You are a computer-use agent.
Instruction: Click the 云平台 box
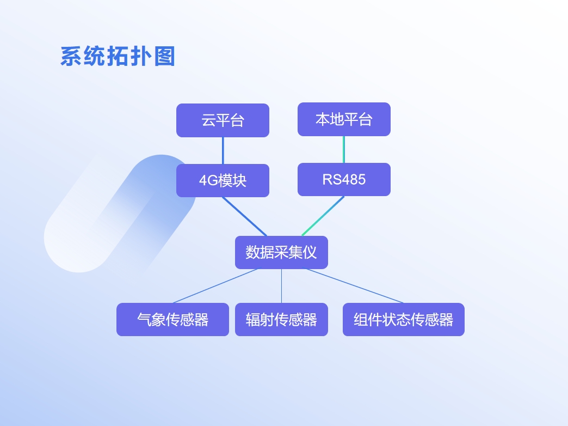click(223, 120)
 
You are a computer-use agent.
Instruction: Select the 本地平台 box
click(344, 119)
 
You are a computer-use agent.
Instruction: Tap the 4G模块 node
click(223, 181)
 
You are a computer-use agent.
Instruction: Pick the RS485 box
click(344, 180)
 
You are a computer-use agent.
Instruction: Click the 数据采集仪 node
click(281, 253)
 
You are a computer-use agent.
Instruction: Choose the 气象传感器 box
click(173, 320)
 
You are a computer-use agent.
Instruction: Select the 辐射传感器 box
click(281, 320)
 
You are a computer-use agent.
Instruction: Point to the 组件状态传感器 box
click(404, 320)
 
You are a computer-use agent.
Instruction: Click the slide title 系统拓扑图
click(118, 56)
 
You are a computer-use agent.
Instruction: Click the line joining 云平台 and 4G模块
click(223, 150)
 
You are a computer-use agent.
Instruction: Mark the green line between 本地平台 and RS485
click(344, 149)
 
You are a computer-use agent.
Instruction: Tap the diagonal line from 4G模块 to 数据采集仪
click(244, 217)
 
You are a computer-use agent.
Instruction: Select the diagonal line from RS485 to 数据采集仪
click(323, 216)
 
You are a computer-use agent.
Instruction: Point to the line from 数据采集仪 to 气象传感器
click(215, 286)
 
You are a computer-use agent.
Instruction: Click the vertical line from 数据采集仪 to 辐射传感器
click(281, 286)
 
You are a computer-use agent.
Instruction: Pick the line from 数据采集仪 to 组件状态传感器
click(355, 286)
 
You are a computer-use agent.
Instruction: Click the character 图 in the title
click(165, 56)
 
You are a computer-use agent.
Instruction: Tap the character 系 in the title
click(71, 56)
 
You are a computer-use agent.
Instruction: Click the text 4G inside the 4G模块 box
click(208, 181)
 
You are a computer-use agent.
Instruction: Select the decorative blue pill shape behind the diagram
click(120, 214)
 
